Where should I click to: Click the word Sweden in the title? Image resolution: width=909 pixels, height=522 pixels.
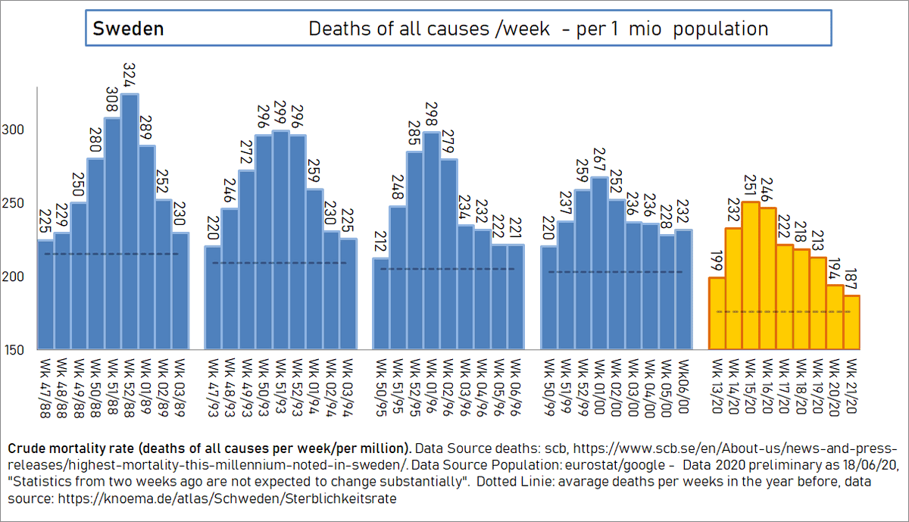pyautogui.click(x=128, y=30)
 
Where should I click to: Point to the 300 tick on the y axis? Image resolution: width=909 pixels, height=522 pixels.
pyautogui.click(x=15, y=130)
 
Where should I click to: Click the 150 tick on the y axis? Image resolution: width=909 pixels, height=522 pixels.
pyautogui.click(x=15, y=350)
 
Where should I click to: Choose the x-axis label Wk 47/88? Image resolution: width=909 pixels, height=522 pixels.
pyautogui.click(x=45, y=387)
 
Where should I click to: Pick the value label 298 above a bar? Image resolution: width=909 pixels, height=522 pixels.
pyautogui.click(x=432, y=118)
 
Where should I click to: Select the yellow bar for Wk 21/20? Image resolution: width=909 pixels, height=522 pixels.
pyautogui.click(x=851, y=322)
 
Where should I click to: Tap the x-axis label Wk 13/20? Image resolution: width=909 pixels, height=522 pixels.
pyautogui.click(x=717, y=387)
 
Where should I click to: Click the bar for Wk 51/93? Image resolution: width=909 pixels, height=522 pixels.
pyautogui.click(x=280, y=239)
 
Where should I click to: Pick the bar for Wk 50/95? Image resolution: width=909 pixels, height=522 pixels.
pyautogui.click(x=381, y=303)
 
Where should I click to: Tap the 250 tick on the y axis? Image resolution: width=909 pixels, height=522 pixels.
pyautogui.click(x=15, y=204)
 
